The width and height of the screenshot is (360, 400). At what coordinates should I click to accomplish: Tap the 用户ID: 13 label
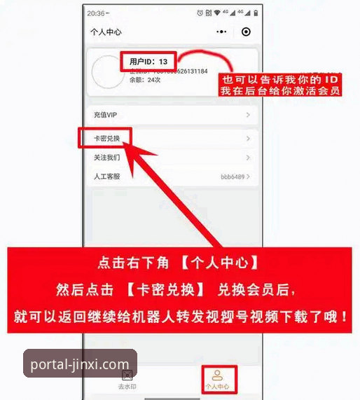coord(148,62)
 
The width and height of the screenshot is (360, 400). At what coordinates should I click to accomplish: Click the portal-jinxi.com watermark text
coord(81,364)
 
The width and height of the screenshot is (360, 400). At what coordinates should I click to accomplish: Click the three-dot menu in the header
coord(221,32)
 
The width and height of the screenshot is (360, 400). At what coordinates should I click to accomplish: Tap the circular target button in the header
coord(245,32)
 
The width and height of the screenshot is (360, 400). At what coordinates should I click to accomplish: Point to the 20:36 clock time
coord(96,13)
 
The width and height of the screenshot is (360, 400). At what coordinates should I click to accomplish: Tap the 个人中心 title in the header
coord(106,32)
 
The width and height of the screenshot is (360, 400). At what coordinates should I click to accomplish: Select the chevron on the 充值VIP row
coord(248,114)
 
